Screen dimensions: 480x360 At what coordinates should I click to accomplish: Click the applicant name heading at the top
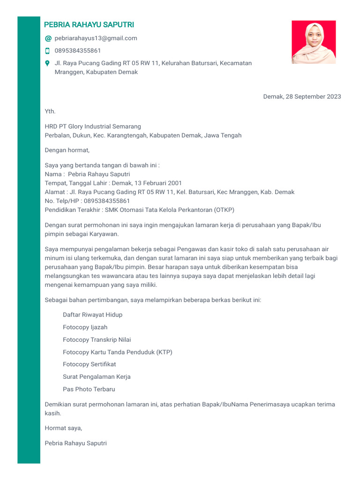[89, 25]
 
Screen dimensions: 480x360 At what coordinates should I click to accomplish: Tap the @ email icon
[48, 38]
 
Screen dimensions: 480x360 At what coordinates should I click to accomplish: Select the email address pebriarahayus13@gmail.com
[96, 38]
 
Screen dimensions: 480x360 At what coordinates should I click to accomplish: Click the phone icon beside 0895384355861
[47, 51]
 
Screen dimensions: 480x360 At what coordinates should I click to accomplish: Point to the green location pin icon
[47, 63]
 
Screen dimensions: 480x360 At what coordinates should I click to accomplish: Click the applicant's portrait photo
[314, 42]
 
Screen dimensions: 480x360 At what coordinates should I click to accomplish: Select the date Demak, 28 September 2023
[302, 97]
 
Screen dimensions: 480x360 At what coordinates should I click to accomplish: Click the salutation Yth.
[50, 112]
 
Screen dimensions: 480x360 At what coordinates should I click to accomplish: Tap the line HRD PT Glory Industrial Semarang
[93, 127]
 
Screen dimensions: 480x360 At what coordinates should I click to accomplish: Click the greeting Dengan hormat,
[67, 150]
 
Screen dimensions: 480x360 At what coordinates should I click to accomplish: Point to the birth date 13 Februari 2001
[158, 183]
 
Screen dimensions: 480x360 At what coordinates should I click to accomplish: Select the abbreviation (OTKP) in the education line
[224, 210]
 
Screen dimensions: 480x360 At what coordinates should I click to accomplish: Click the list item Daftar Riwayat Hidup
[92, 315]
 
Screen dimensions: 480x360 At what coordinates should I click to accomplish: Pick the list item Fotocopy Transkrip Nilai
[97, 340]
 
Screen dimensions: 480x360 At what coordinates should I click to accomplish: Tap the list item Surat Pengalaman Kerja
[97, 377]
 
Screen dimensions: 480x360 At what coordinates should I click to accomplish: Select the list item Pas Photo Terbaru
[89, 389]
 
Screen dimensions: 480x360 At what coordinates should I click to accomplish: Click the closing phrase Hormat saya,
[63, 428]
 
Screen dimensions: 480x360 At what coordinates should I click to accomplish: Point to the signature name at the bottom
[75, 443]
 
